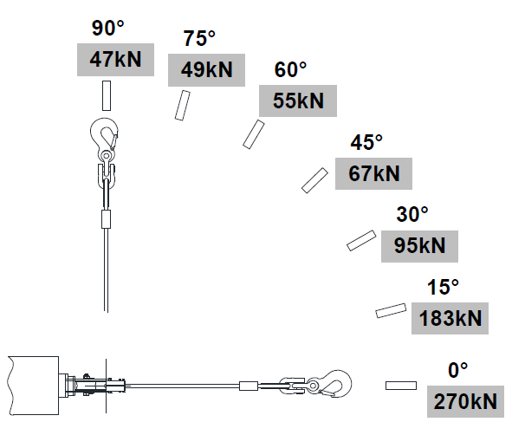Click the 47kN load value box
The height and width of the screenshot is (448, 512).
click(x=115, y=60)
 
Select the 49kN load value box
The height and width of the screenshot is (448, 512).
click(x=206, y=70)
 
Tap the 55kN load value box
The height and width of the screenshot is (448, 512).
click(x=298, y=101)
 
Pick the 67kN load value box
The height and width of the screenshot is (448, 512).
click(x=373, y=173)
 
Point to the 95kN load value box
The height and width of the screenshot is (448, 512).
click(x=419, y=246)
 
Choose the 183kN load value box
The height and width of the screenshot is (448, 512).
click(x=450, y=318)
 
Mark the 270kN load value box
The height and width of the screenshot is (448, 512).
click(x=465, y=401)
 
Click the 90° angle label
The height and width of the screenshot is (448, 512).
click(x=107, y=28)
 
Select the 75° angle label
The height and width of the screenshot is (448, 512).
click(x=199, y=38)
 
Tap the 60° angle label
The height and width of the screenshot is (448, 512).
click(x=290, y=69)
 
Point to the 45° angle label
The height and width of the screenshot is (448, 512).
click(x=366, y=142)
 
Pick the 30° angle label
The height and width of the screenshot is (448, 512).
click(x=412, y=215)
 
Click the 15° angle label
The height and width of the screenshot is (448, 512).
click(x=443, y=288)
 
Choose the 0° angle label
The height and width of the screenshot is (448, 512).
click(x=457, y=371)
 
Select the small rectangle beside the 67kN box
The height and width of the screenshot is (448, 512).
click(x=314, y=180)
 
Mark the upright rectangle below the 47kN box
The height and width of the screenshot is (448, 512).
click(x=107, y=95)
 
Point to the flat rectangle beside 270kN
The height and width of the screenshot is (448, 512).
click(x=401, y=386)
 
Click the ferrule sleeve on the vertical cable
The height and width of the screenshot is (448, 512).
click(x=106, y=219)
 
